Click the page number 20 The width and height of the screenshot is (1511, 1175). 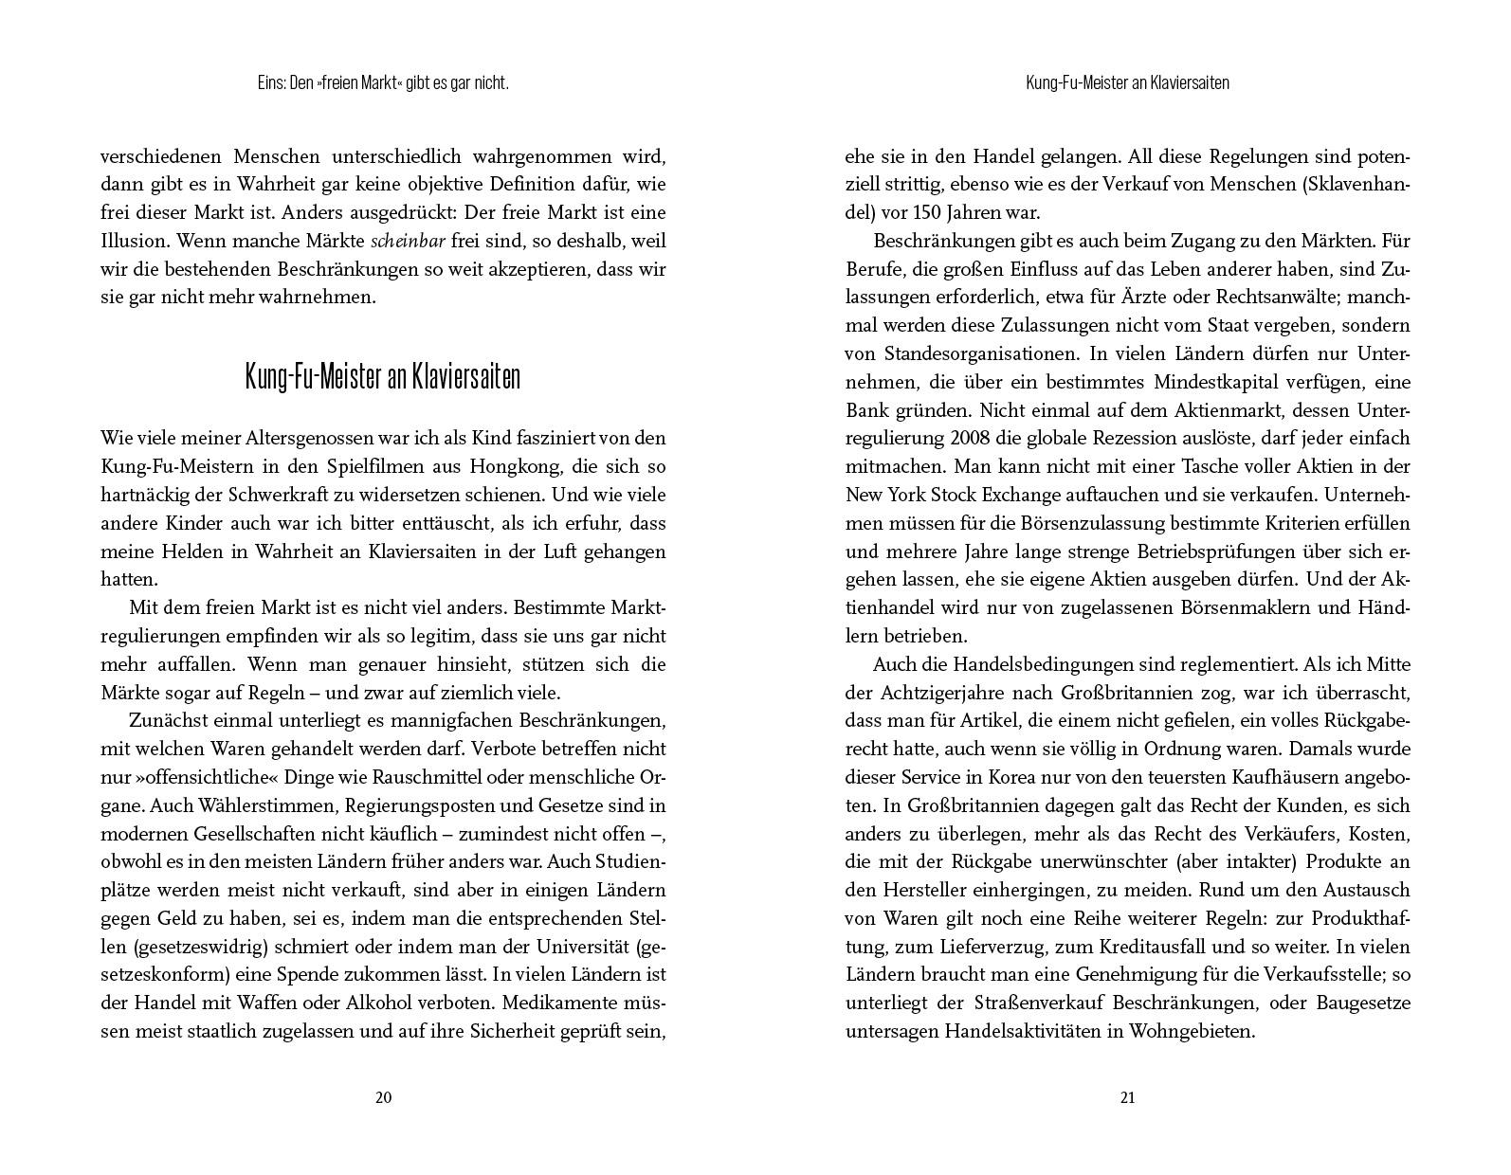(384, 1097)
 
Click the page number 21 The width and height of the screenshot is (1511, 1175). (1127, 1097)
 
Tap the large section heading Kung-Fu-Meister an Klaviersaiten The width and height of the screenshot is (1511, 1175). (383, 376)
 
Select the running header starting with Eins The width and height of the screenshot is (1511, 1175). (383, 83)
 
